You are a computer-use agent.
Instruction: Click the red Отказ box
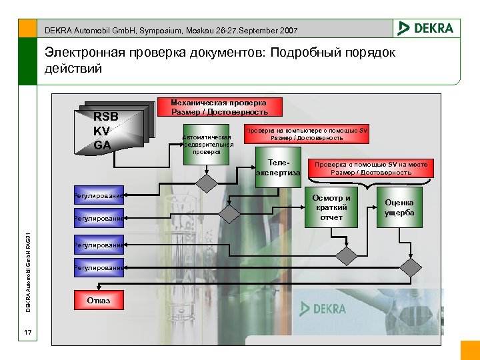pyautogui.click(x=98, y=301)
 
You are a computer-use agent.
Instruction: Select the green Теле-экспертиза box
pyautogui.click(x=277, y=168)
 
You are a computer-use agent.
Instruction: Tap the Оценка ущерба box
pyautogui.click(x=399, y=207)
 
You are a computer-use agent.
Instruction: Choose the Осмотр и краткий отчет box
pyautogui.click(x=331, y=207)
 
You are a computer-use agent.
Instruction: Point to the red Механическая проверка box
pyautogui.click(x=219, y=107)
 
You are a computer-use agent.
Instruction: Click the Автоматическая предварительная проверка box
pyautogui.click(x=207, y=144)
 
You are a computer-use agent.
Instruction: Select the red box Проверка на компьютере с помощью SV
pyautogui.click(x=307, y=134)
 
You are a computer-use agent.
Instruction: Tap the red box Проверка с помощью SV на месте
pyautogui.click(x=371, y=168)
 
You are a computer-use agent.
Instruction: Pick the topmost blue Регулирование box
pyautogui.click(x=99, y=196)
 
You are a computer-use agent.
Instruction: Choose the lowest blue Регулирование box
pyautogui.click(x=99, y=267)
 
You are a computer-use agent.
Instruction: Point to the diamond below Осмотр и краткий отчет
pyautogui.click(x=347, y=254)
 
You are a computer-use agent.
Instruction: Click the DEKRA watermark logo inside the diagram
pyautogui.click(x=323, y=309)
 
